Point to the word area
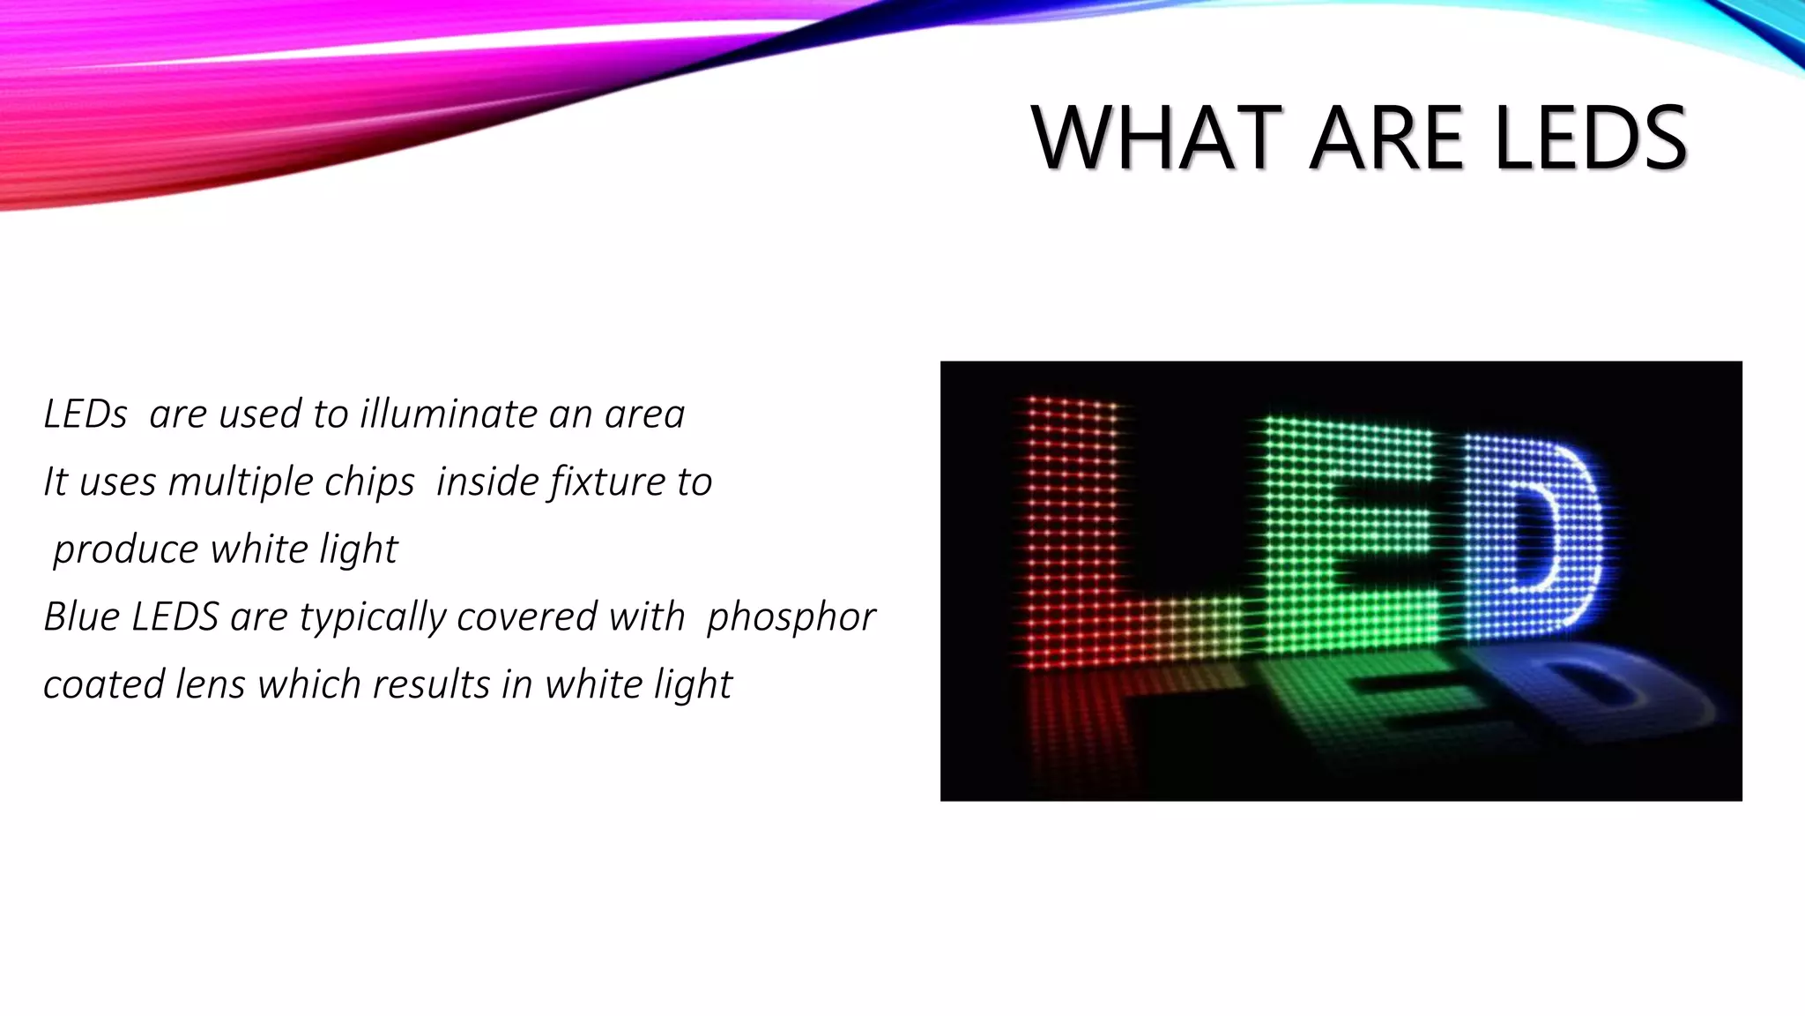(644, 414)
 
